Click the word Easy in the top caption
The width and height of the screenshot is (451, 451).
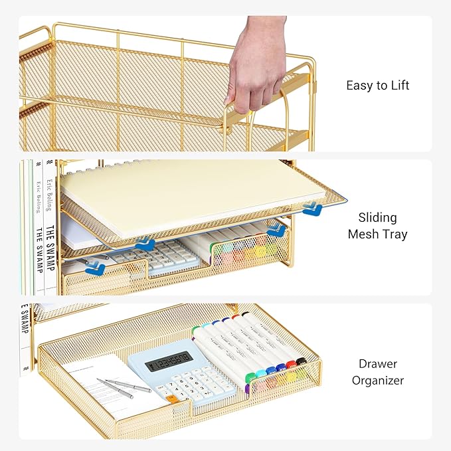[x=358, y=86]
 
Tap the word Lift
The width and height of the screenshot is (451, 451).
[x=399, y=86]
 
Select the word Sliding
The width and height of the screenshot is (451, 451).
[x=377, y=217]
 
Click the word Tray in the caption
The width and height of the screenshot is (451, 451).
[x=395, y=234]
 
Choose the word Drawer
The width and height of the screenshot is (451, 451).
[x=377, y=364]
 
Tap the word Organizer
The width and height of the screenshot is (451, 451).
[x=377, y=381]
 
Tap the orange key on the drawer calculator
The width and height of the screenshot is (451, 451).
[x=171, y=399]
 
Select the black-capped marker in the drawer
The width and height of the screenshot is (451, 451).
[x=301, y=361]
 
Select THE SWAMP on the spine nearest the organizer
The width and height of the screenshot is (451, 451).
[x=50, y=250]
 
